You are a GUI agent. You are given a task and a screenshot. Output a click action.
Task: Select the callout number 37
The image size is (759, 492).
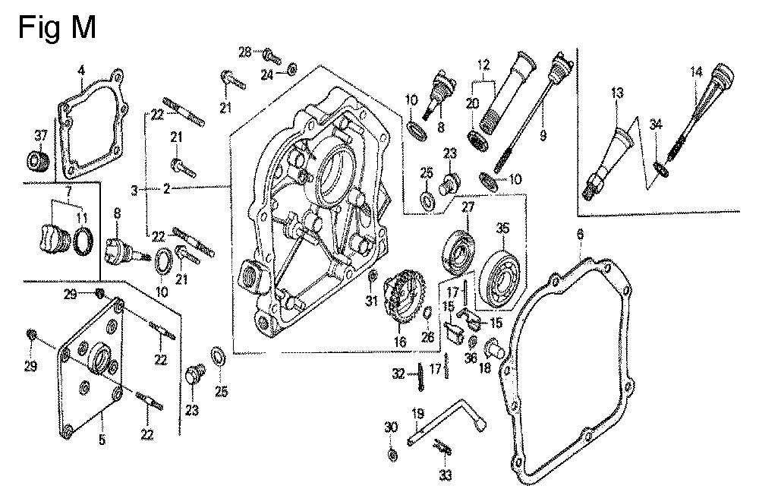(40, 136)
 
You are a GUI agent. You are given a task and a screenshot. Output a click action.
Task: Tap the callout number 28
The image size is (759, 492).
(244, 52)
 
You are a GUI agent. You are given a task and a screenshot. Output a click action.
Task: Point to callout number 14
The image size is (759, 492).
(697, 74)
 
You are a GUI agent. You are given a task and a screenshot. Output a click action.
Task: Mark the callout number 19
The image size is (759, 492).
(416, 415)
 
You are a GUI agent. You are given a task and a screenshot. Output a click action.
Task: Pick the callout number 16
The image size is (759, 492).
(401, 342)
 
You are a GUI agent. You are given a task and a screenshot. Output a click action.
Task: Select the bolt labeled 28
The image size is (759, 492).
(272, 55)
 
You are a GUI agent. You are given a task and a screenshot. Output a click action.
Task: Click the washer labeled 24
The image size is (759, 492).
(292, 71)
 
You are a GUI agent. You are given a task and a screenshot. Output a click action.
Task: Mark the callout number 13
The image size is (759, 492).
(617, 93)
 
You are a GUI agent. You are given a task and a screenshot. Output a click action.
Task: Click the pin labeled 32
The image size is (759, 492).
(419, 377)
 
